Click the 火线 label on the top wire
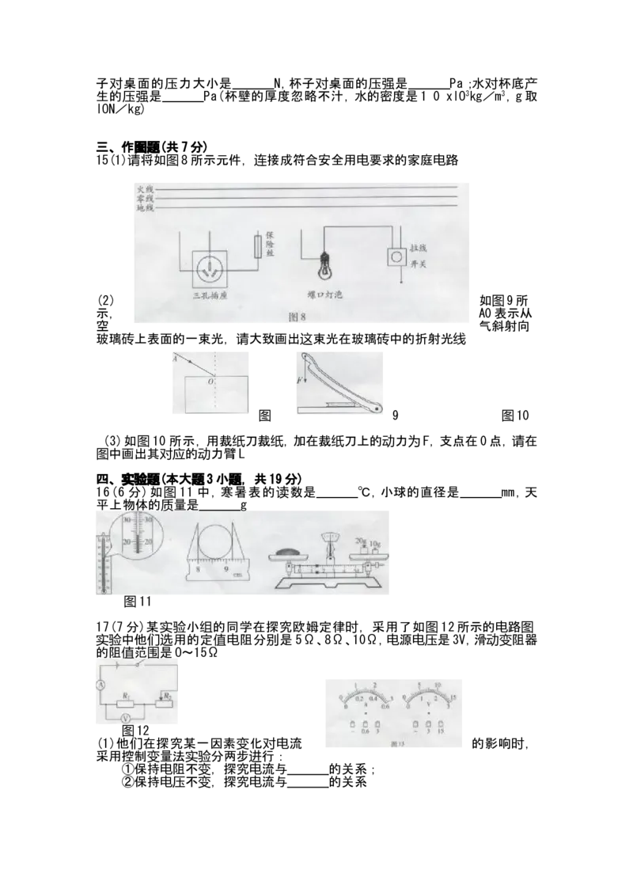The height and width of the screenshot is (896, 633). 145,190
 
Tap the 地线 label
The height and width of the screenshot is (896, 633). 145,209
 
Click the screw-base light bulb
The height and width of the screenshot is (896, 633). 324,268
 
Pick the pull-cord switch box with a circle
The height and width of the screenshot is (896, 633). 396,258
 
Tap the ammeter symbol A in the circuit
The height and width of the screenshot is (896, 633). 100,685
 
